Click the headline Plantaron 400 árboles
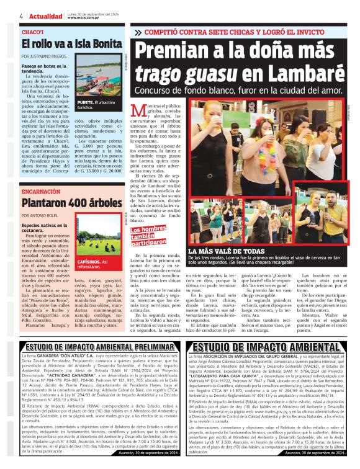coord(63,203)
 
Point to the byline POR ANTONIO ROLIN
coord(42,216)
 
